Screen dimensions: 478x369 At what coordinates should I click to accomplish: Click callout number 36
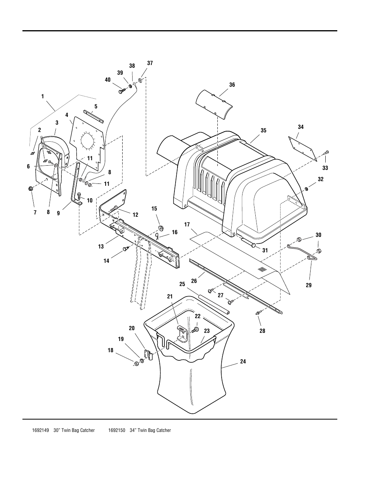(x=232, y=85)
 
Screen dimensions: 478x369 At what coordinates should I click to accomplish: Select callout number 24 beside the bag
(x=243, y=361)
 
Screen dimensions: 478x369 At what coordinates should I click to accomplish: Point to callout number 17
(x=187, y=224)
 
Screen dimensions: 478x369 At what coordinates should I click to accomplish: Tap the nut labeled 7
(x=30, y=189)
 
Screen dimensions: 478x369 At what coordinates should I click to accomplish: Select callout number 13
(x=101, y=247)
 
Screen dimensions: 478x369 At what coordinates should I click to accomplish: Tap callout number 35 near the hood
(x=263, y=130)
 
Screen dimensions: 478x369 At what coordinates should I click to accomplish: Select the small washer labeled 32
(x=306, y=189)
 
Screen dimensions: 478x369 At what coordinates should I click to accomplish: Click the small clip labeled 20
(x=147, y=354)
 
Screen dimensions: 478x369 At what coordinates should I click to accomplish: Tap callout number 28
(x=262, y=331)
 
